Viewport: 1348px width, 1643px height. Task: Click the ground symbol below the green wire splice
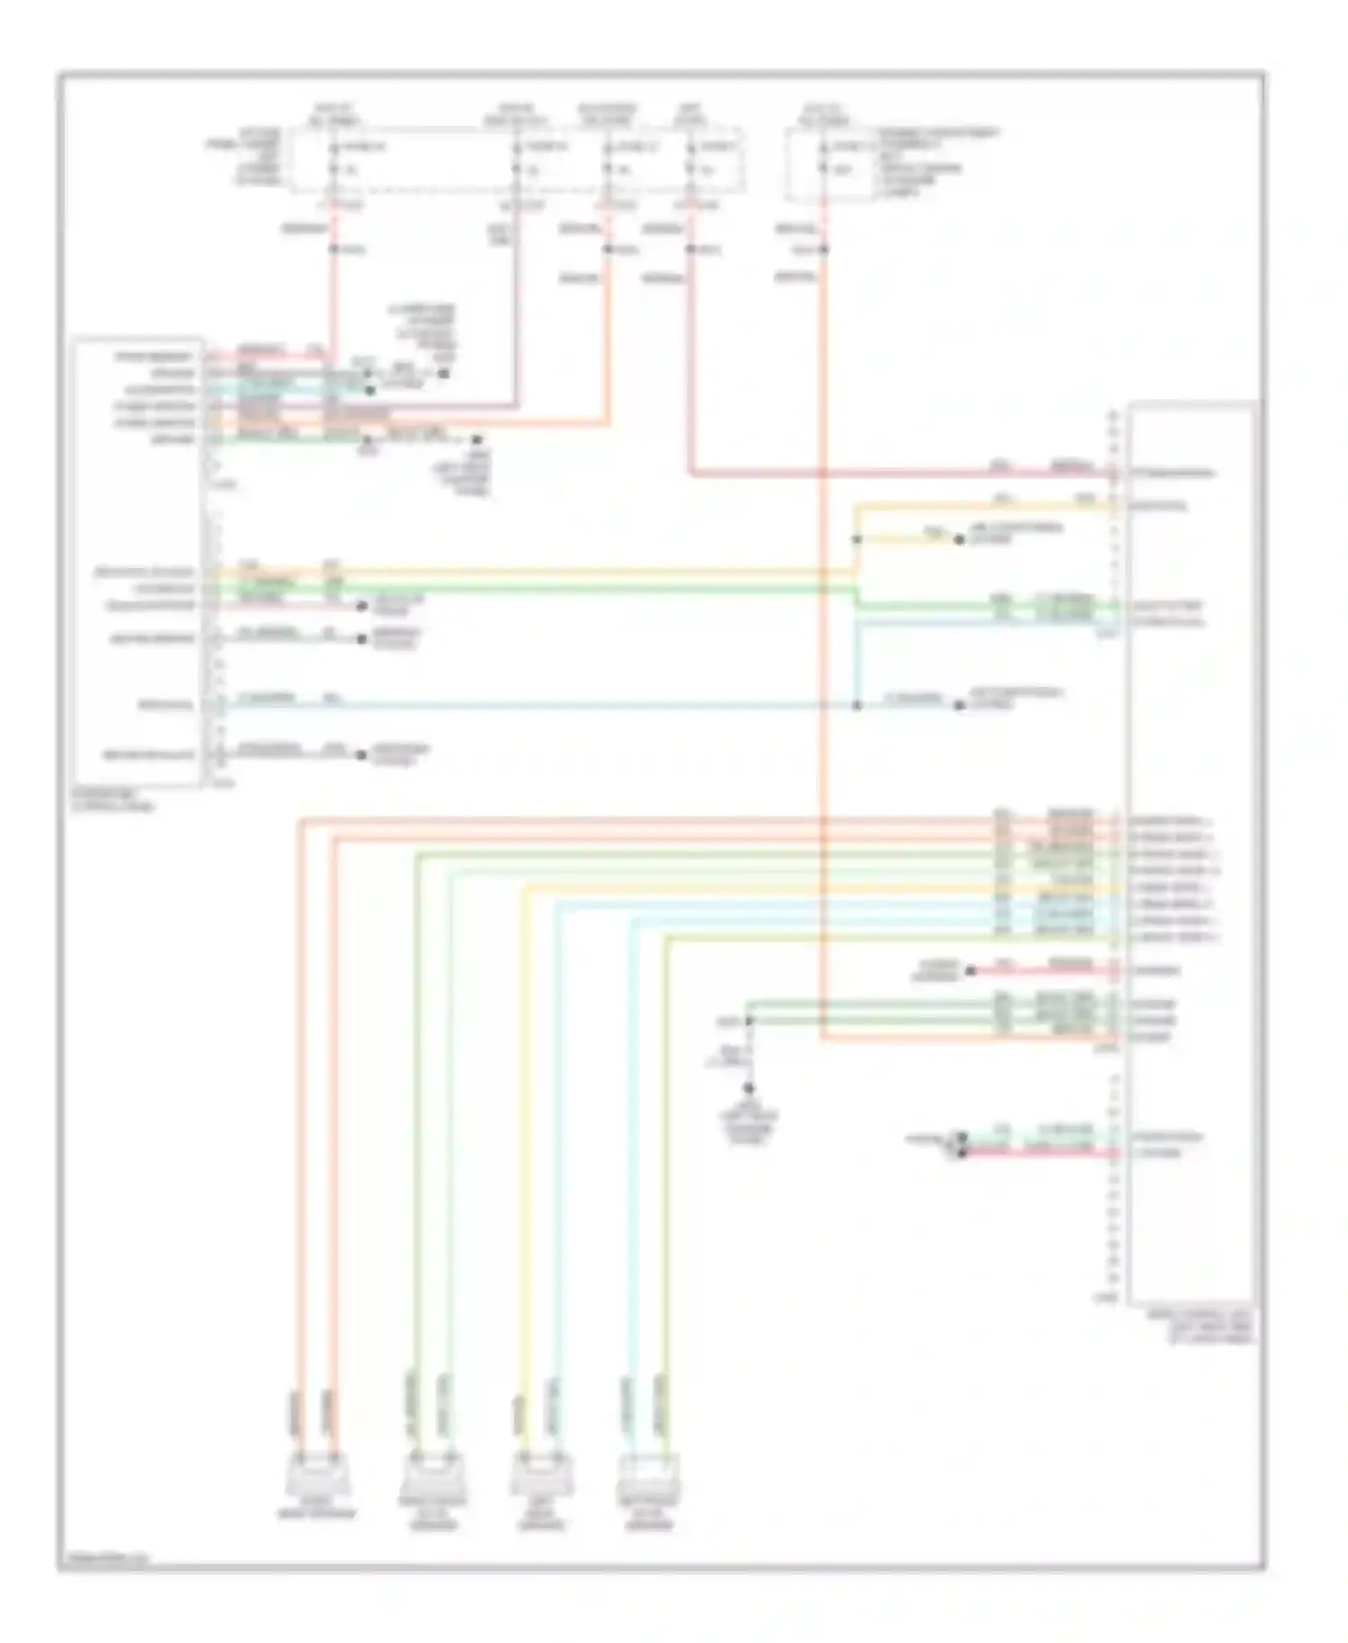tap(749, 1088)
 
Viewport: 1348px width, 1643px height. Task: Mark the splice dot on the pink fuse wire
tap(333, 248)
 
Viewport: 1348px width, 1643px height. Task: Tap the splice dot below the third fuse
tap(607, 249)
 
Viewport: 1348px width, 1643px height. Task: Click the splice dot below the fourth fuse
tap(690, 249)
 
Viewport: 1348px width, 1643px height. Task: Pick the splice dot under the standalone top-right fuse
tap(822, 249)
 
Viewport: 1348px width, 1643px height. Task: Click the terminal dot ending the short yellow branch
tap(959, 539)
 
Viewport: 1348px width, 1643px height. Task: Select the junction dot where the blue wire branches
tap(856, 706)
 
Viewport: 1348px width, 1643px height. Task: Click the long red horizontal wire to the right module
tap(899, 473)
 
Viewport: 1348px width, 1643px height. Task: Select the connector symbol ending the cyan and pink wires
tap(961, 1144)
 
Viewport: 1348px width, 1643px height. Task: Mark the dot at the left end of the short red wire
tap(970, 971)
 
